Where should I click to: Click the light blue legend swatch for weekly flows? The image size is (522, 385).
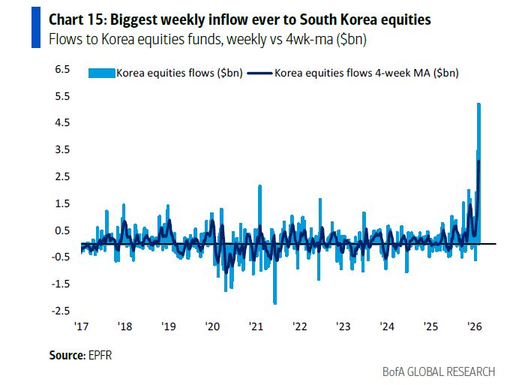click(x=101, y=73)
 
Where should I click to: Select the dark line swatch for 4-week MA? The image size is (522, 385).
click(x=259, y=73)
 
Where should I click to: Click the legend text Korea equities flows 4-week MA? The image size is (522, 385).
click(x=366, y=73)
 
